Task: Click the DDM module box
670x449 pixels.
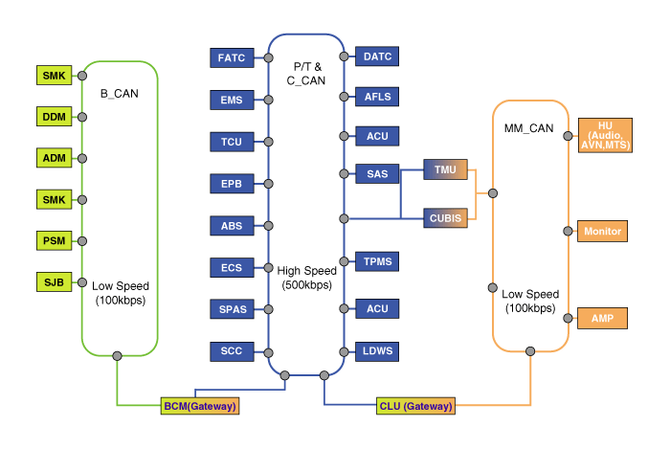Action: (x=53, y=116)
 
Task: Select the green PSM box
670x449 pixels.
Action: (x=53, y=239)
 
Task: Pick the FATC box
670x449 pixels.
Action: (x=231, y=58)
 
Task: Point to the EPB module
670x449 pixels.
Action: (x=231, y=184)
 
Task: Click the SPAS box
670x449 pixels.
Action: (x=231, y=308)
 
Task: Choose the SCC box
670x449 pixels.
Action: (x=231, y=350)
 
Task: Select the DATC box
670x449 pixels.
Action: (x=377, y=57)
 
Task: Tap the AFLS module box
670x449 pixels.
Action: (x=377, y=97)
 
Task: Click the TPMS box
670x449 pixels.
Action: (x=377, y=261)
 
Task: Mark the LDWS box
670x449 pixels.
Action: (x=377, y=349)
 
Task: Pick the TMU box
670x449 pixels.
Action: (x=445, y=169)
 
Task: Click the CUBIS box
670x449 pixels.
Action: (x=445, y=217)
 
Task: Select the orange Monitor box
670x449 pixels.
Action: (x=603, y=232)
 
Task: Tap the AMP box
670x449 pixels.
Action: (x=603, y=318)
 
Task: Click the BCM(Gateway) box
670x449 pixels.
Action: (x=199, y=406)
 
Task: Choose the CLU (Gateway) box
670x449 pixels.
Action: (x=416, y=406)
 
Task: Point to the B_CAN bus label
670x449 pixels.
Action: (x=120, y=94)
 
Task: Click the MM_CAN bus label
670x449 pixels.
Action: (x=528, y=128)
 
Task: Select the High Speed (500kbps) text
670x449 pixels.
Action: (x=306, y=278)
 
